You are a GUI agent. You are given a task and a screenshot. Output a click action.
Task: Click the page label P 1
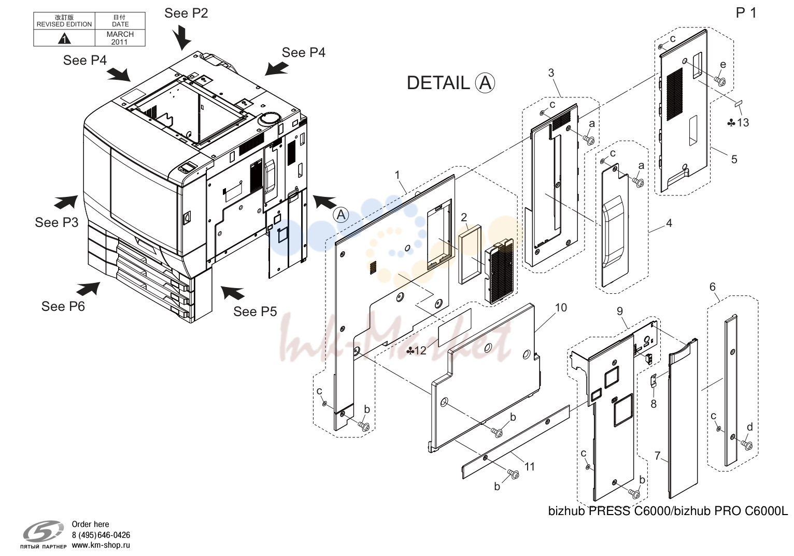(x=746, y=13)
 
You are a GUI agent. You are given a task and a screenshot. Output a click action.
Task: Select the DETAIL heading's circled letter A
(x=485, y=83)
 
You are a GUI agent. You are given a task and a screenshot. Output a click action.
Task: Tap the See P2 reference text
(x=186, y=13)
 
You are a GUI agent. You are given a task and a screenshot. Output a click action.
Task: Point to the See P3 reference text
(x=56, y=222)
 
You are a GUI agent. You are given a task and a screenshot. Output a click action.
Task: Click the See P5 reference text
(x=255, y=311)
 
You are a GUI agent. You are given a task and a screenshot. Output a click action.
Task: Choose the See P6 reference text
(x=63, y=306)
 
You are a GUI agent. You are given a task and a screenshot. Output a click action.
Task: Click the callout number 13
(x=743, y=123)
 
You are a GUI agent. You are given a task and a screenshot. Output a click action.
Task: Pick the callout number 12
(x=420, y=350)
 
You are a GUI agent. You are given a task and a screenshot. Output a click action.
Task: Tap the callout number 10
(x=561, y=308)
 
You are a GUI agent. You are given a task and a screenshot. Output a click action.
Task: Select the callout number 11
(x=529, y=466)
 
